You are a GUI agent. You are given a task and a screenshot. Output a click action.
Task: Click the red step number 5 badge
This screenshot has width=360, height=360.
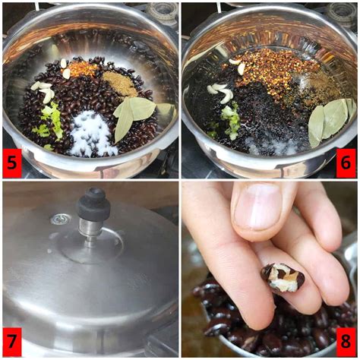click(13, 163)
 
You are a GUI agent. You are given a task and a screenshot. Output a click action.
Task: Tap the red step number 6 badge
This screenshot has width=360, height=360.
click(346, 163)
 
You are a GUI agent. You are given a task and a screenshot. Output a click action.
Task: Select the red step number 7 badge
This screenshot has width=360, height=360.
click(13, 341)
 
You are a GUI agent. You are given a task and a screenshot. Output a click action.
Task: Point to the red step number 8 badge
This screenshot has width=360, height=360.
click(346, 341)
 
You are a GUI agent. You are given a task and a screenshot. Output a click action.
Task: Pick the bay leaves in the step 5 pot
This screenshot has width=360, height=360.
click(133, 115)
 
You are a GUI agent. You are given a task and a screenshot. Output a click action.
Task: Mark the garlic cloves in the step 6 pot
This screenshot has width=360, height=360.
click(223, 92)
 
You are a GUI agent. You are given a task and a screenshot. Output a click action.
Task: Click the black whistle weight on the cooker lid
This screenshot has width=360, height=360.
click(93, 204)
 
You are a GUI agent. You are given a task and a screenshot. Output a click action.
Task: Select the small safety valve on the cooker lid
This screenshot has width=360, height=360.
click(60, 219)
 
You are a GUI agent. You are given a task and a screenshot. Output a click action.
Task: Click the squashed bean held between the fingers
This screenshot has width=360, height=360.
click(283, 276)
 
